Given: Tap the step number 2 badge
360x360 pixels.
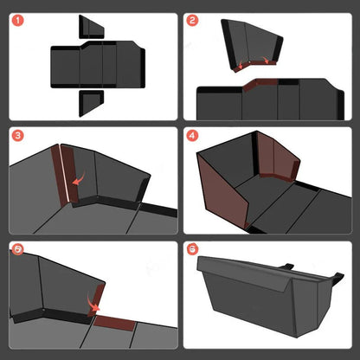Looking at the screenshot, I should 192,20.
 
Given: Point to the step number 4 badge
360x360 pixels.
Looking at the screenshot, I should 192,136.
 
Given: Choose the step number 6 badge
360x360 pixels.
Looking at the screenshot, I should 192,250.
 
